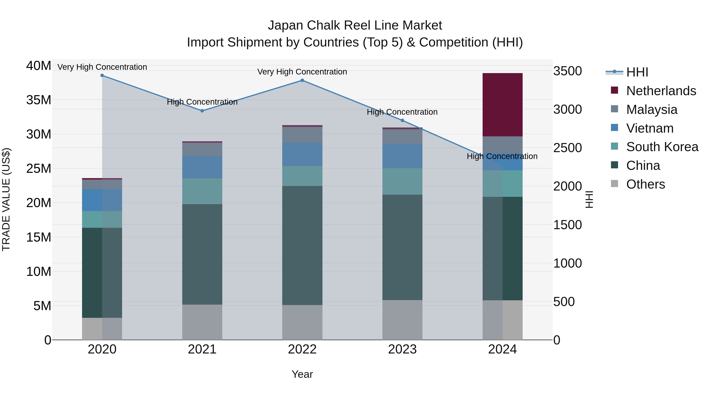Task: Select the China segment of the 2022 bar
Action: (x=302, y=245)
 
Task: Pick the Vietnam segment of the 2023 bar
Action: (x=402, y=156)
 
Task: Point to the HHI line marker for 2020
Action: (x=102, y=75)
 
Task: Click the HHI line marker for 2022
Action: (x=302, y=80)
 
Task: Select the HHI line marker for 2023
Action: (x=402, y=120)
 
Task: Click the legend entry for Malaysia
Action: (x=652, y=110)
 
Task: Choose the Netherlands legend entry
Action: (x=661, y=91)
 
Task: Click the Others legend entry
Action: (x=645, y=184)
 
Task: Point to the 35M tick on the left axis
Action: (x=39, y=100)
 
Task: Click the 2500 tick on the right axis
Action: (x=567, y=148)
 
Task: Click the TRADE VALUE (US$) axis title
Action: (x=6, y=199)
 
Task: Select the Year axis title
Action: (x=302, y=374)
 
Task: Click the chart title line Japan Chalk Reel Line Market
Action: (x=355, y=25)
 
